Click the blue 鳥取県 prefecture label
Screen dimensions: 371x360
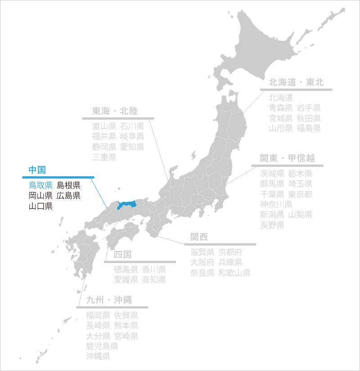click(x=41, y=185)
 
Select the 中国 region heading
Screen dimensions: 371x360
click(x=37, y=170)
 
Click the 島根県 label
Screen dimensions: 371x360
click(x=68, y=185)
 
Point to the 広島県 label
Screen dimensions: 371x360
click(x=68, y=196)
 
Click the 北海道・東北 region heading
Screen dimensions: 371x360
click(x=296, y=82)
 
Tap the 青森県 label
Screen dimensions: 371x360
click(x=281, y=108)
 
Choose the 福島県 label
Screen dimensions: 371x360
click(x=309, y=129)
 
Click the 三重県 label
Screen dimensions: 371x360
click(x=104, y=157)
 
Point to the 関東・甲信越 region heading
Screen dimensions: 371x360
click(x=287, y=158)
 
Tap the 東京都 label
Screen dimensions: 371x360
click(x=300, y=194)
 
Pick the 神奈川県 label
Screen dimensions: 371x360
click(x=276, y=205)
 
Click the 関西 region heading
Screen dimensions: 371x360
click(x=199, y=237)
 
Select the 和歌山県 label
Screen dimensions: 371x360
click(x=234, y=273)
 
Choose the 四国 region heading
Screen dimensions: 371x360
click(x=122, y=255)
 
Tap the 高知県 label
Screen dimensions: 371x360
click(x=154, y=280)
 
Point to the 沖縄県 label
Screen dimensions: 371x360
click(x=99, y=357)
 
